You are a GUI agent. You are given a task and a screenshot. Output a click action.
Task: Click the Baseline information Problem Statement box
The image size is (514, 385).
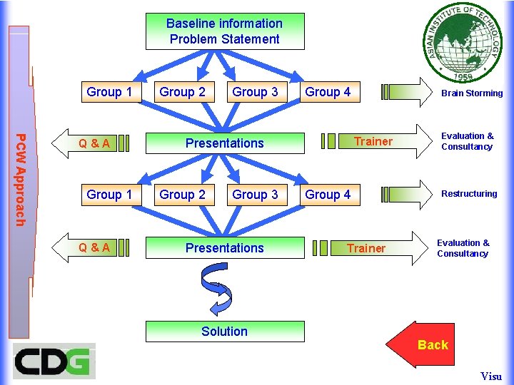[x=224, y=31]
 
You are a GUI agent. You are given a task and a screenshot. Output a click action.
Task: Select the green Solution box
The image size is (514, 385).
[x=224, y=332]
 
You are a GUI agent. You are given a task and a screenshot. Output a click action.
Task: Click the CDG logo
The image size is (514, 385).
[x=54, y=361]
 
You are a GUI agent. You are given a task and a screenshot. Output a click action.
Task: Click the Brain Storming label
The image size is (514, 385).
[x=471, y=93]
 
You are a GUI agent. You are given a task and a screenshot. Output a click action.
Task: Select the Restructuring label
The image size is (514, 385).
[x=468, y=194]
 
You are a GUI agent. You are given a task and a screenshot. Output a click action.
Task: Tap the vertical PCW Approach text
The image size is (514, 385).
[x=21, y=180]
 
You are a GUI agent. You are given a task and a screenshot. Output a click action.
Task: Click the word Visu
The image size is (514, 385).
[x=491, y=376]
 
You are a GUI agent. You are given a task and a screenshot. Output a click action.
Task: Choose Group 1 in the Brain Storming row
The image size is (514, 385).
[x=109, y=92]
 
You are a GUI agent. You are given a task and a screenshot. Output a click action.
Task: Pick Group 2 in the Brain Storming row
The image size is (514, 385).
[x=182, y=92]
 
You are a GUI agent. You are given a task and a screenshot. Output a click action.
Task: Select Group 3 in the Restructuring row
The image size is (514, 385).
[x=255, y=195]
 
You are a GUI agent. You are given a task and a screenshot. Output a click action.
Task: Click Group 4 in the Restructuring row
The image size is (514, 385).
[x=328, y=195]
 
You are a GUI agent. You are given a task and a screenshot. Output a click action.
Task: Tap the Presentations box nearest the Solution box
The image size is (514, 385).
[x=224, y=248]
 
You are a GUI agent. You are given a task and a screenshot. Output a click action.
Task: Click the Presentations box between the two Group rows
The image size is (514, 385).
[x=224, y=143]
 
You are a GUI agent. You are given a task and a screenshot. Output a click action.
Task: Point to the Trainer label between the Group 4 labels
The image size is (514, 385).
[x=373, y=141]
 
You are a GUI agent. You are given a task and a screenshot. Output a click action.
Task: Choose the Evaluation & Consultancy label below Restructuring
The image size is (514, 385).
[x=463, y=248]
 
